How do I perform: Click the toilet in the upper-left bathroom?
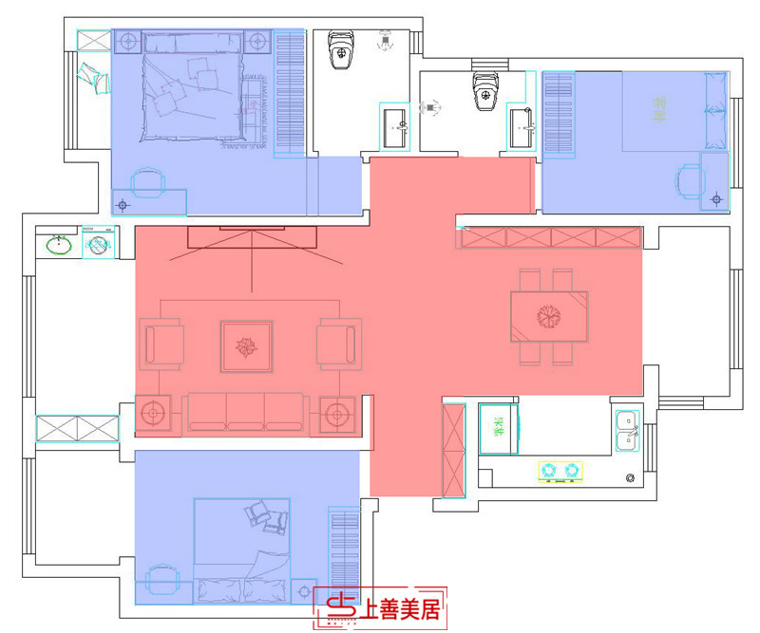[x=340, y=51]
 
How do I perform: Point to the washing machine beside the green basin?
[x=98, y=245]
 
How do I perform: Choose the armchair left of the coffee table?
[x=161, y=344]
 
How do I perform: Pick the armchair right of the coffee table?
[x=339, y=344]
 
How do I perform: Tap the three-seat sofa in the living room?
[x=245, y=413]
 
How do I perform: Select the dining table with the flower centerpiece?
[x=549, y=316]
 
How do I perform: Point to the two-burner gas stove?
[x=560, y=470]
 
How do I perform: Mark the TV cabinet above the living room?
[x=252, y=236]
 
